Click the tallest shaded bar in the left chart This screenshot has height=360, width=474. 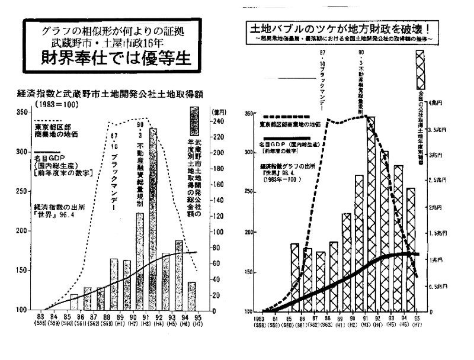tap(153, 219)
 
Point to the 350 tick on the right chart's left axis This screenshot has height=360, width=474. tap(249, 113)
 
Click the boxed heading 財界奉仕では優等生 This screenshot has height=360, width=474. tap(113, 57)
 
